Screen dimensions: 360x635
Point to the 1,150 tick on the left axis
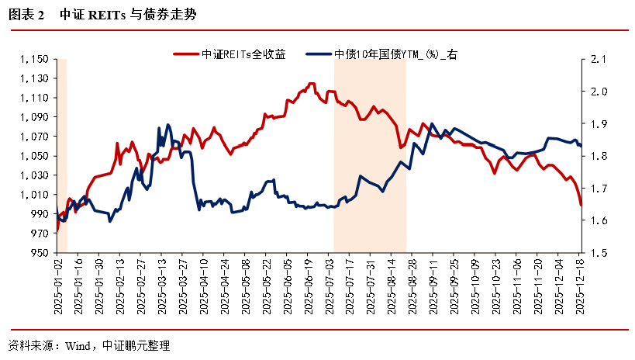click(36, 59)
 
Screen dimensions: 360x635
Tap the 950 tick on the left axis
click(40, 253)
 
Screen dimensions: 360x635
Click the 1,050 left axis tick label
click(36, 156)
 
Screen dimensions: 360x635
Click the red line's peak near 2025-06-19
click(311, 84)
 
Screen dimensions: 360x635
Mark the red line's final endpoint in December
click(582, 205)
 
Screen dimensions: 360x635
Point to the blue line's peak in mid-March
click(168, 125)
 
